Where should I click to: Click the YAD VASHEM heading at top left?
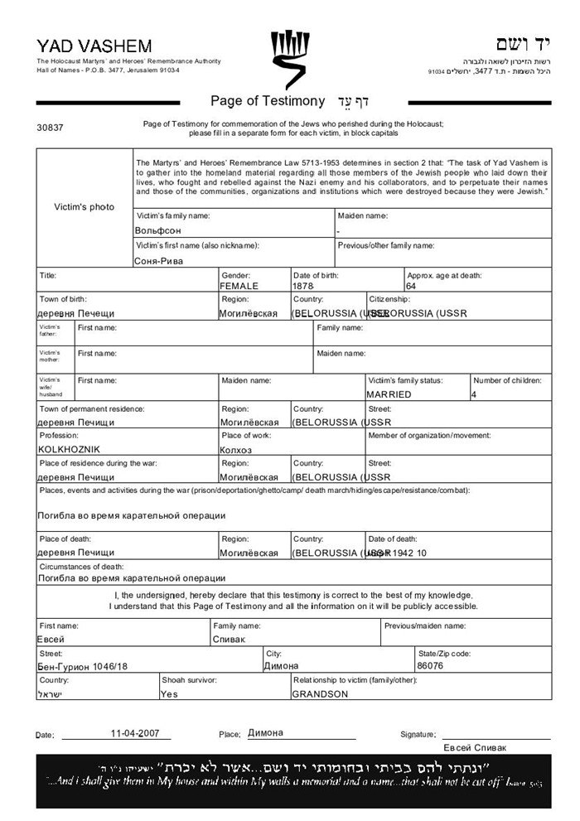point(82,46)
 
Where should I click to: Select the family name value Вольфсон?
point(157,230)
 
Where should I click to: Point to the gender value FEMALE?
point(239,286)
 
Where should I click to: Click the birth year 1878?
point(303,286)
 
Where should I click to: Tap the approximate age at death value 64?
point(411,286)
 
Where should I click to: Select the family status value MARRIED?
point(389,394)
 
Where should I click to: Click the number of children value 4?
point(474,394)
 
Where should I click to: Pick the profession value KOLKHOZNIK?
point(69,449)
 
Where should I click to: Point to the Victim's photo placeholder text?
point(85,206)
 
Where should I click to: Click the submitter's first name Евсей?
point(51,640)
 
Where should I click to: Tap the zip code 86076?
point(431,665)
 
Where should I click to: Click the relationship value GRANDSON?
point(320,694)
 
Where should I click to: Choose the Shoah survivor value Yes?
point(169,694)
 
